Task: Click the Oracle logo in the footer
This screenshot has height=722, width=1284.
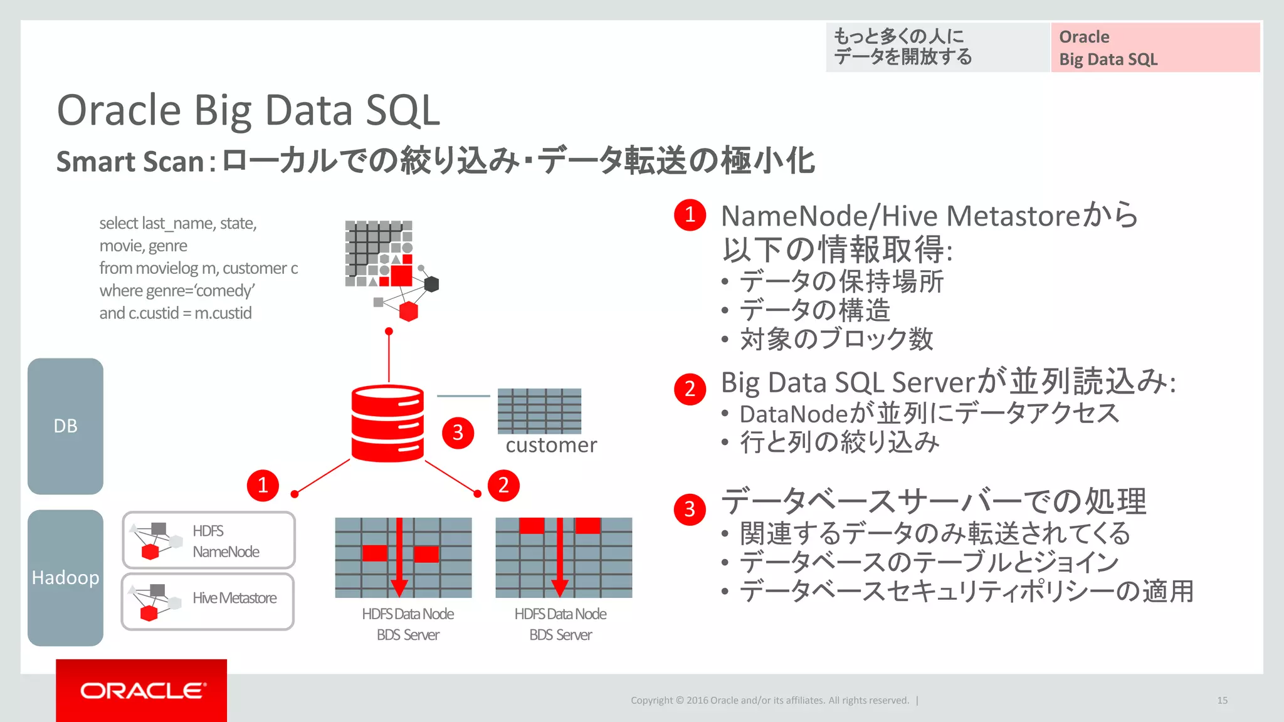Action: point(142,690)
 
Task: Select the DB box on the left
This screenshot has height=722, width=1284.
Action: point(65,426)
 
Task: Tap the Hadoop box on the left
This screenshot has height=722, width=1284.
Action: point(65,577)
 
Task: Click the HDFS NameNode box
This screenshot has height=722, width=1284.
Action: point(208,540)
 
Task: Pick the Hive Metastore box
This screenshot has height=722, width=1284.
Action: point(208,601)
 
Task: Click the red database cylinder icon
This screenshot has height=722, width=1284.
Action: point(387,424)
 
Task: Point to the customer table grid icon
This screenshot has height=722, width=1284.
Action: point(539,411)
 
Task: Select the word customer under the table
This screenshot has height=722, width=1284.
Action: point(551,445)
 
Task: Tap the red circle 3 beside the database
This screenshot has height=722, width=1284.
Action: point(458,432)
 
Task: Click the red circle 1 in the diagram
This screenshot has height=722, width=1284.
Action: point(263,485)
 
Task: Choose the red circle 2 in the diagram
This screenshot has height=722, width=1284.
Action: point(503,485)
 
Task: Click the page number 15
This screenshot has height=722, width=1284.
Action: point(1222,700)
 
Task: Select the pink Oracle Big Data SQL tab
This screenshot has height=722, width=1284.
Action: point(1155,48)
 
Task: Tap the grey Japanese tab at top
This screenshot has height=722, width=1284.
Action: point(937,48)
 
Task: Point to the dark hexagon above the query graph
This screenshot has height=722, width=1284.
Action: point(431,285)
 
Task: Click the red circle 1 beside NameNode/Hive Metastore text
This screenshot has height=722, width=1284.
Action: point(690,215)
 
